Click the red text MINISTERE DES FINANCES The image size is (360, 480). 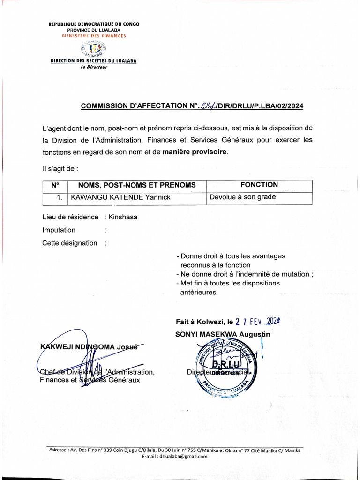pyautogui.click(x=94, y=36)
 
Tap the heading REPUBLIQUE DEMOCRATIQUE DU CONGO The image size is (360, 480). pyautogui.click(x=94, y=24)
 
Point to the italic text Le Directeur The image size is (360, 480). pyautogui.click(x=94, y=67)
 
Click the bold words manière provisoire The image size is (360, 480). pyautogui.click(x=195, y=152)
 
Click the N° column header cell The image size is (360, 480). pyautogui.click(x=55, y=185)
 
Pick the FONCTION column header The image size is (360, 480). pyautogui.click(x=259, y=185)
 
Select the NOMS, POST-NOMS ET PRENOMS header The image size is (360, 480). pyautogui.click(x=136, y=185)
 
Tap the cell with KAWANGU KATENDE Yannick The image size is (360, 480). pyautogui.click(x=120, y=197)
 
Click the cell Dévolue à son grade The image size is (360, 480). pyautogui.click(x=242, y=197)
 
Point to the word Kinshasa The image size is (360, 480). pyautogui.click(x=123, y=217)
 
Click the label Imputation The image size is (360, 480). pyautogui.click(x=59, y=230)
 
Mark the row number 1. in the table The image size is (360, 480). pyautogui.click(x=60, y=197)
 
